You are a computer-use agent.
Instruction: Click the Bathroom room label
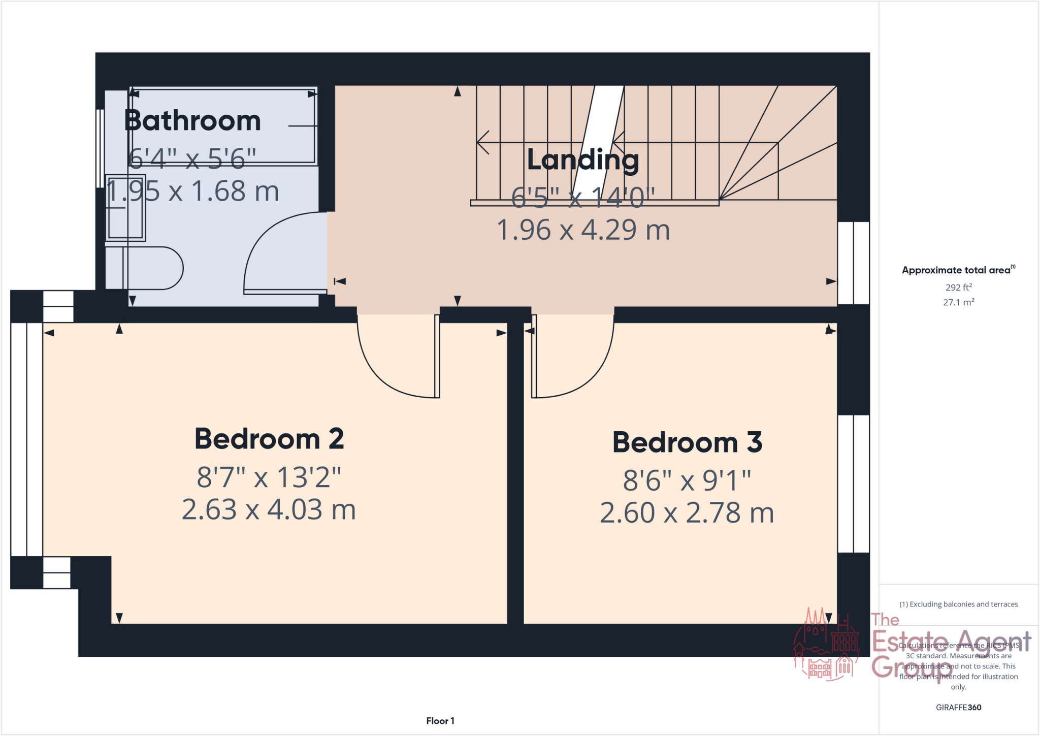coord(192,121)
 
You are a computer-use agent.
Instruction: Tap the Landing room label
coord(583,159)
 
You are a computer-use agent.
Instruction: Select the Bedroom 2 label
coord(269,439)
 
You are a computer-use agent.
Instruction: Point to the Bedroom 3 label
coord(687,442)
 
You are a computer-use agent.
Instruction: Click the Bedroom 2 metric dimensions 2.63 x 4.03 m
coord(269,509)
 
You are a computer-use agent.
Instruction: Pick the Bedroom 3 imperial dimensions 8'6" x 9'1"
coord(687,480)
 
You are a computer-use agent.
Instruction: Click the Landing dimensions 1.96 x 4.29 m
coord(583,230)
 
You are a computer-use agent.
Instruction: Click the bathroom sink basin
coord(125,208)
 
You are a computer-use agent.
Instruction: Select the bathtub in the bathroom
coord(223,127)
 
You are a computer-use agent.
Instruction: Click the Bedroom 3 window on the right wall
coord(853,484)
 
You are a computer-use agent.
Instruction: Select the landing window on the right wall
coord(853,263)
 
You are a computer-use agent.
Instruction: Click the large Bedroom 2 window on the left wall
coord(26,439)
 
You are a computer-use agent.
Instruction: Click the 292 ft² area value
coord(958,287)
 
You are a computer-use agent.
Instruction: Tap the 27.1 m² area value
coord(958,302)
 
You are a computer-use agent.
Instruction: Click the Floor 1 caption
coord(440,721)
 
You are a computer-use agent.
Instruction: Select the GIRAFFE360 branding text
coord(958,707)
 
